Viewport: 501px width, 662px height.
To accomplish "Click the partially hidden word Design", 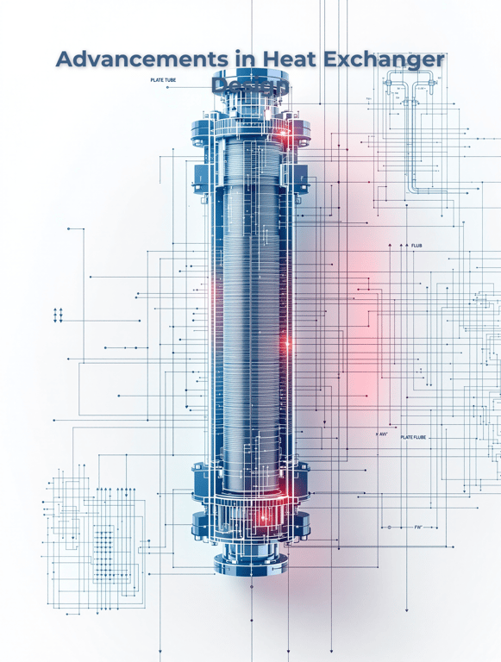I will click(x=250, y=86).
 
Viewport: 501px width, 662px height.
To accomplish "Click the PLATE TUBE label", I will click(x=164, y=80).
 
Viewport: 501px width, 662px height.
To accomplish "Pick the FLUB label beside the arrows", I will click(x=416, y=246).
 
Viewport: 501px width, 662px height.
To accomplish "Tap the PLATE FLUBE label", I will click(x=413, y=437).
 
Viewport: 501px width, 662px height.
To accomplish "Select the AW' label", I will click(x=383, y=434).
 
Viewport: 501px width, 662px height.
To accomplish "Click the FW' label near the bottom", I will click(x=418, y=526).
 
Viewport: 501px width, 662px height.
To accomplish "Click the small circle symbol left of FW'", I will click(x=390, y=526).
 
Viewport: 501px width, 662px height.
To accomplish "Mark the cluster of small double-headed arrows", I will click(x=58, y=315).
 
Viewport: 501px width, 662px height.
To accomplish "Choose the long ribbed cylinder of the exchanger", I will click(x=250, y=328).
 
